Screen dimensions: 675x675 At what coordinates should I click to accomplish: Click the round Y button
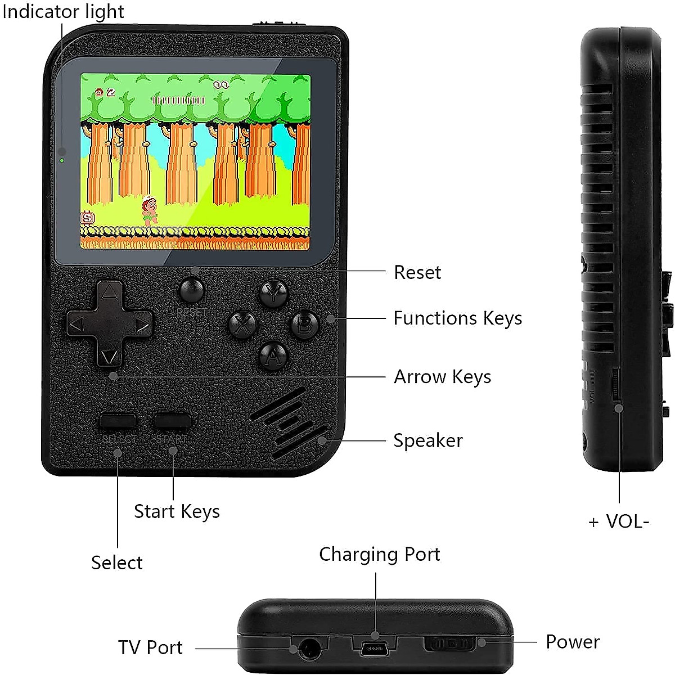(x=273, y=292)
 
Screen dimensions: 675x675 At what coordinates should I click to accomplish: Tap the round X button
(x=242, y=325)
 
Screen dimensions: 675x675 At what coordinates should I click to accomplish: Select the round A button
(x=273, y=355)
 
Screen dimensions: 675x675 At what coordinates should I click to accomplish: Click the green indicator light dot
(x=62, y=161)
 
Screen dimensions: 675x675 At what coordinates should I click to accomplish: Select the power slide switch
(x=450, y=643)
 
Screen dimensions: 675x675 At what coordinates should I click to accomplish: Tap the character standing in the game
(x=150, y=210)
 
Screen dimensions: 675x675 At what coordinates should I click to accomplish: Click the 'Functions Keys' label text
(x=457, y=318)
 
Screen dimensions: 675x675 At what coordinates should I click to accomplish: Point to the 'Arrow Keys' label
(x=442, y=377)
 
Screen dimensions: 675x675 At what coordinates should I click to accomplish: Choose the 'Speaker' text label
(x=427, y=440)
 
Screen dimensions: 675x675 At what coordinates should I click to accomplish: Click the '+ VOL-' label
(x=619, y=522)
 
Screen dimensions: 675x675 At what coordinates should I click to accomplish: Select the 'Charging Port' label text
(x=379, y=554)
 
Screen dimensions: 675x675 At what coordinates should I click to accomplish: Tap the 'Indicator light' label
(x=63, y=11)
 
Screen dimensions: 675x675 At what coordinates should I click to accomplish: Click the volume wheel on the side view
(x=615, y=385)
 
